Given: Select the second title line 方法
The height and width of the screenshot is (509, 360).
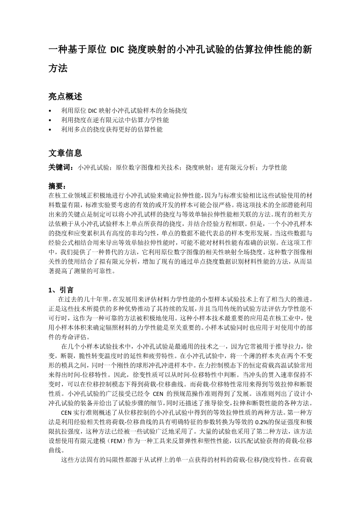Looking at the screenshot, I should tap(58, 68).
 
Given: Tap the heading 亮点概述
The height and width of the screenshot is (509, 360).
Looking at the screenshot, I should tap(65, 96).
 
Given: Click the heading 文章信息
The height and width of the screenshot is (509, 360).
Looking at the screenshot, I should tap(65, 153).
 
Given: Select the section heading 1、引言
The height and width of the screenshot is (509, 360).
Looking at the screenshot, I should tap(61, 290).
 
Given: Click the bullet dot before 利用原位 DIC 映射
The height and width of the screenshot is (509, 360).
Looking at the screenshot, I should tap(50, 110).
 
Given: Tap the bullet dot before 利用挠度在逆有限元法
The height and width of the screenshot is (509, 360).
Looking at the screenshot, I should tap(50, 120).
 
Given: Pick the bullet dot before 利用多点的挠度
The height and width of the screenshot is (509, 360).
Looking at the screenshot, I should tap(50, 129).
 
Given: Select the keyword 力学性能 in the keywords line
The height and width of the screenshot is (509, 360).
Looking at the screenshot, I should tap(274, 168).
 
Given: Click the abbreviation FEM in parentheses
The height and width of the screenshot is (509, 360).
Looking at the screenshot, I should tap(117, 441).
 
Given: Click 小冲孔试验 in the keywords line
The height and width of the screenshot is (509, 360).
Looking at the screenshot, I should tap(93, 168).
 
